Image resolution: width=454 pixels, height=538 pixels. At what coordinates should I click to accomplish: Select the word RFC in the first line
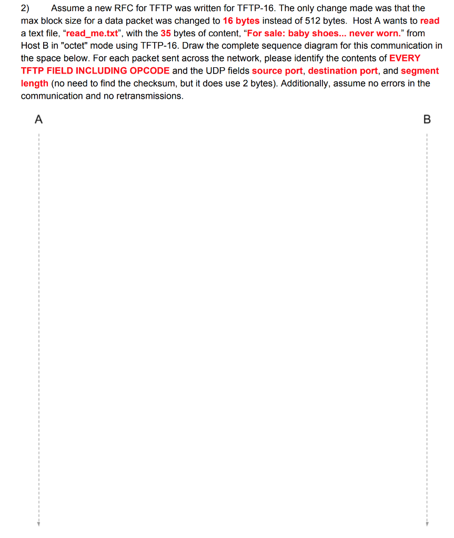click(x=124, y=8)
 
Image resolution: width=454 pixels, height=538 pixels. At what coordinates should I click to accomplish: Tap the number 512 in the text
click(x=313, y=21)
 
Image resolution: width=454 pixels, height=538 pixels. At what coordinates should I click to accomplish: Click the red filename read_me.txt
click(x=90, y=34)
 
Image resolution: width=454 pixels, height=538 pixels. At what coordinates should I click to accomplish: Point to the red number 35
click(x=166, y=34)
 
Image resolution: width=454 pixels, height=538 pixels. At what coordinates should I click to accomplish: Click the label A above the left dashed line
click(x=38, y=120)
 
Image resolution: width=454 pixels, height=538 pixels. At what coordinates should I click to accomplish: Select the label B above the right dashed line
click(x=427, y=120)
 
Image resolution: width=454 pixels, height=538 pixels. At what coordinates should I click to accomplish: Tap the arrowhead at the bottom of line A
click(x=38, y=523)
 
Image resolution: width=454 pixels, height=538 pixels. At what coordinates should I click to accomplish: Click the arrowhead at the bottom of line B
click(x=427, y=523)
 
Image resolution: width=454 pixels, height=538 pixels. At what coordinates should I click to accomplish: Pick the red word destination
click(x=343, y=71)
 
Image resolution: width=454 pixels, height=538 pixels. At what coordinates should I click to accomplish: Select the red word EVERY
click(x=405, y=58)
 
